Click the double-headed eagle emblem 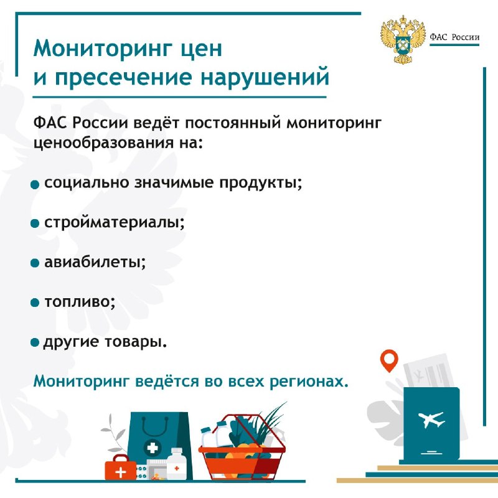pyautogui.click(x=403, y=39)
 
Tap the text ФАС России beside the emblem pyautogui.click(x=454, y=37)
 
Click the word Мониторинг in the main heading pyautogui.click(x=101, y=49)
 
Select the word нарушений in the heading pyautogui.click(x=265, y=77)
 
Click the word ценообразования pyautogui.click(x=104, y=143)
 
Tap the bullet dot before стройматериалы pyautogui.click(x=35, y=224)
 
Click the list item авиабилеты pyautogui.click(x=95, y=262)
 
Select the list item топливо pyautogui.click(x=80, y=303)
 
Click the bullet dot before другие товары pyautogui.click(x=35, y=343)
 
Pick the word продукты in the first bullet pyautogui.click(x=260, y=183)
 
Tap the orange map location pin pyautogui.click(x=389, y=360)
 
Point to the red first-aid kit pyautogui.click(x=120, y=467)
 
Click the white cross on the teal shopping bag pyautogui.click(x=153, y=448)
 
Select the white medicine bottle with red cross pyautogui.click(x=176, y=463)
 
